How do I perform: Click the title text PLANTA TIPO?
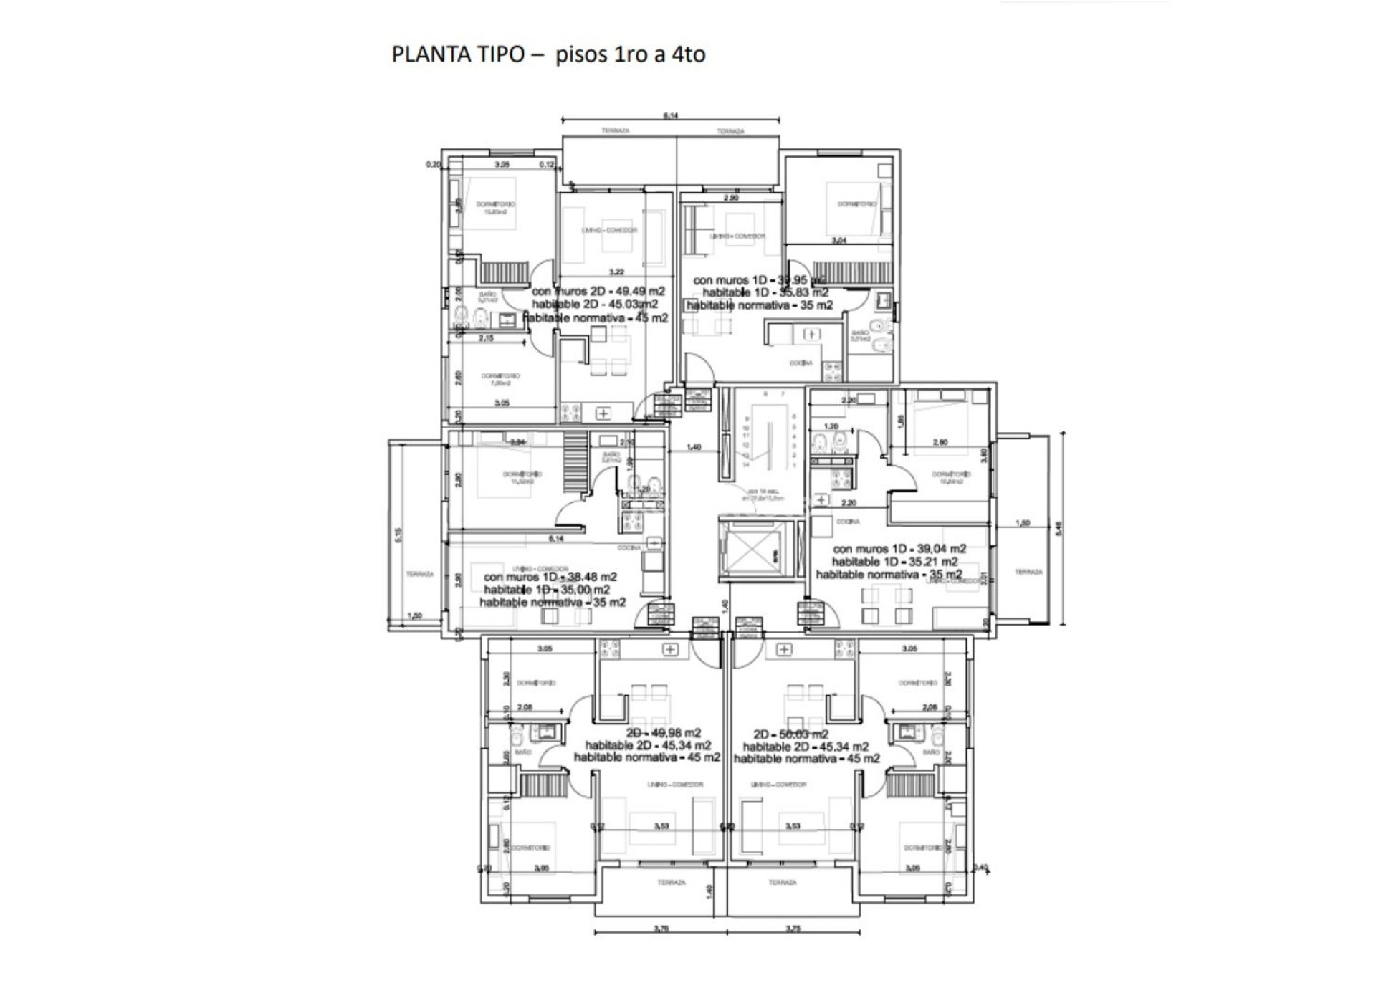point(458,54)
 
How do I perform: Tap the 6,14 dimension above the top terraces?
point(671,116)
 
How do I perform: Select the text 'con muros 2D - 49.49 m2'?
point(598,292)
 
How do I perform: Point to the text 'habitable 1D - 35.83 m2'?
point(765,292)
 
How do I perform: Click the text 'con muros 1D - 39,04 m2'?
point(899,549)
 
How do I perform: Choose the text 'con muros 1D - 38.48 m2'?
point(550,577)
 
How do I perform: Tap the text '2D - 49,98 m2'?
point(664,733)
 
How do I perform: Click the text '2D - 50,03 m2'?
point(790,734)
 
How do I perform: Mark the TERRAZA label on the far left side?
point(419,574)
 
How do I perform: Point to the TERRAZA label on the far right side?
point(1028,572)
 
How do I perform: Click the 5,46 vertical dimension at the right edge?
point(1059,528)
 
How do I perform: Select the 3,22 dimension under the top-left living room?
point(616,272)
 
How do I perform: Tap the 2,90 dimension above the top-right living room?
point(731,198)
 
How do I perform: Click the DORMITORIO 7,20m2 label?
point(500,379)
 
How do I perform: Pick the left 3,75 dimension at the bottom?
point(661,929)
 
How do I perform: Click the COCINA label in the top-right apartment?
point(801,363)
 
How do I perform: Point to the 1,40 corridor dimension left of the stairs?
point(693,448)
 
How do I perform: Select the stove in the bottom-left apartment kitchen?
point(611,649)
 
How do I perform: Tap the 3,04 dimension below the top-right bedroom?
point(838,241)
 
